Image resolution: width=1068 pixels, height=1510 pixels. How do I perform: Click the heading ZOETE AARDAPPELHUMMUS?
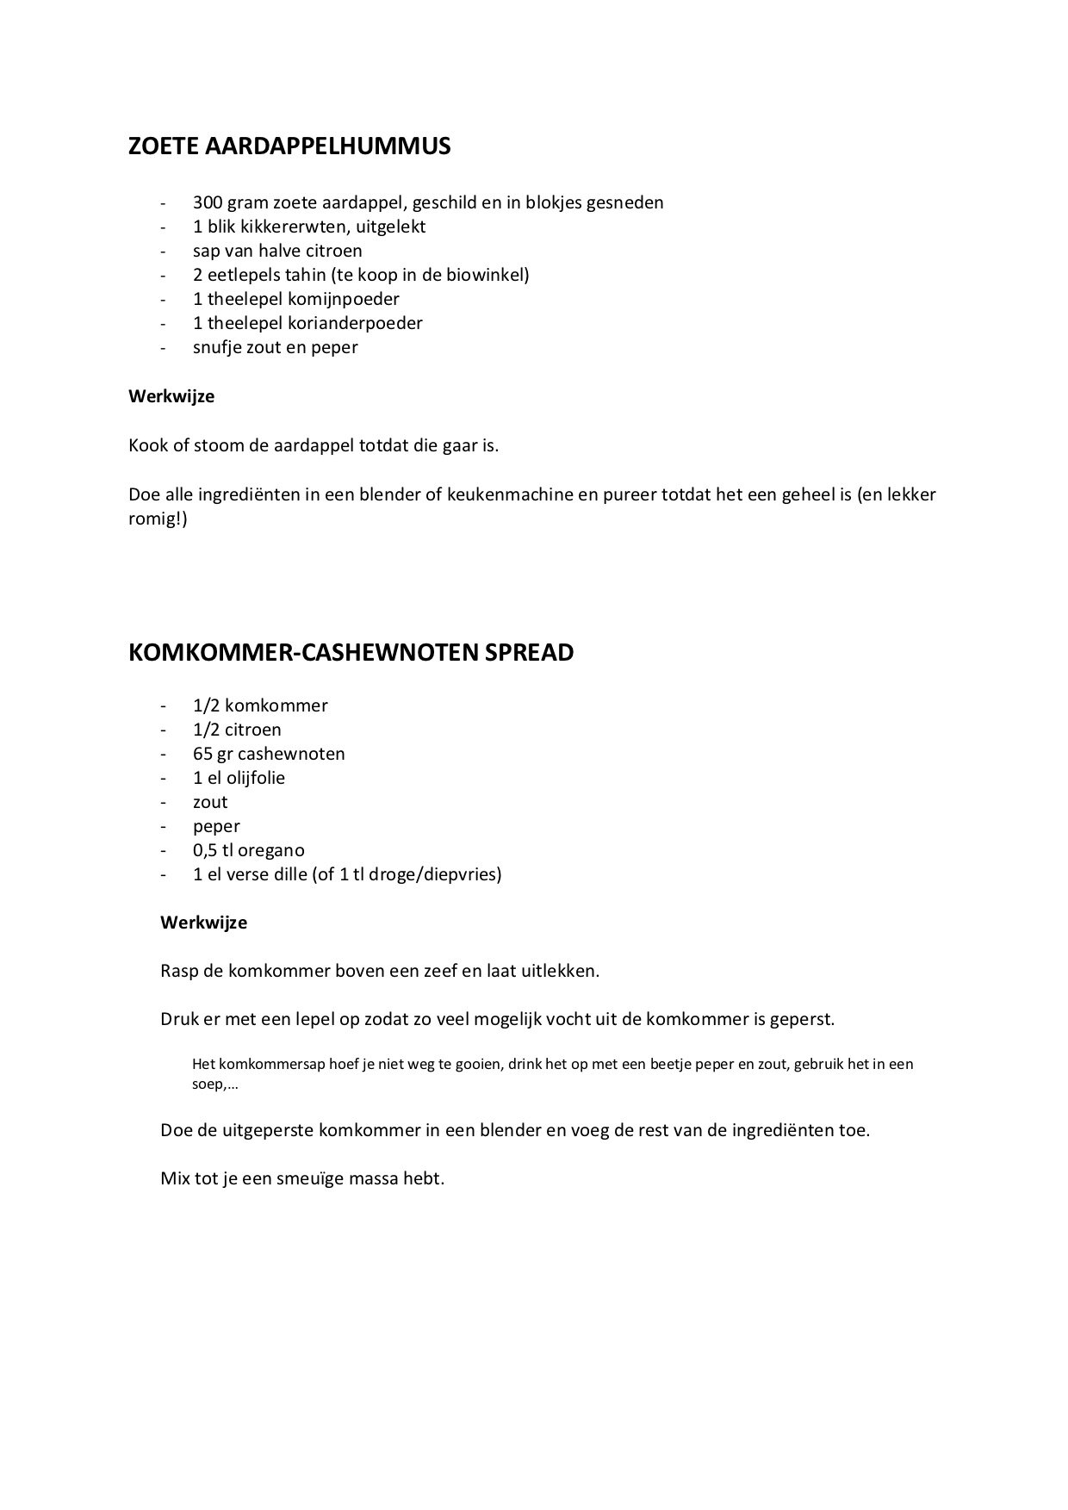click(289, 146)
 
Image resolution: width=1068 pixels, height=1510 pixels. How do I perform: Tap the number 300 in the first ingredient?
click(208, 203)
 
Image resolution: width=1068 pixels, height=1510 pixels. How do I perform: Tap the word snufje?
click(215, 348)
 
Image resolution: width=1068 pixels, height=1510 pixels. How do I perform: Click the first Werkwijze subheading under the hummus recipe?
click(171, 397)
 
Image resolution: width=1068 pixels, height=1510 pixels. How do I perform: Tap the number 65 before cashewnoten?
click(204, 755)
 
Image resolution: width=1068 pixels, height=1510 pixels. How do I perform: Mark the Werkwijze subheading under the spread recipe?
click(204, 923)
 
